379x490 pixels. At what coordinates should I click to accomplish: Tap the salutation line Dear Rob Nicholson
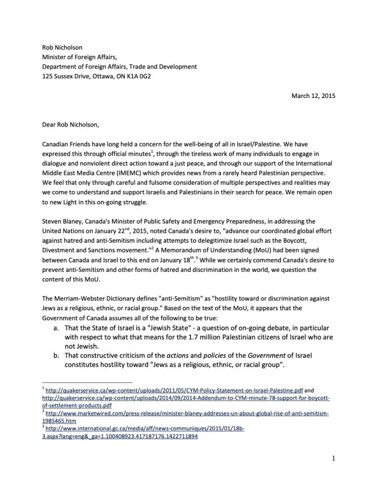click(71, 125)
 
